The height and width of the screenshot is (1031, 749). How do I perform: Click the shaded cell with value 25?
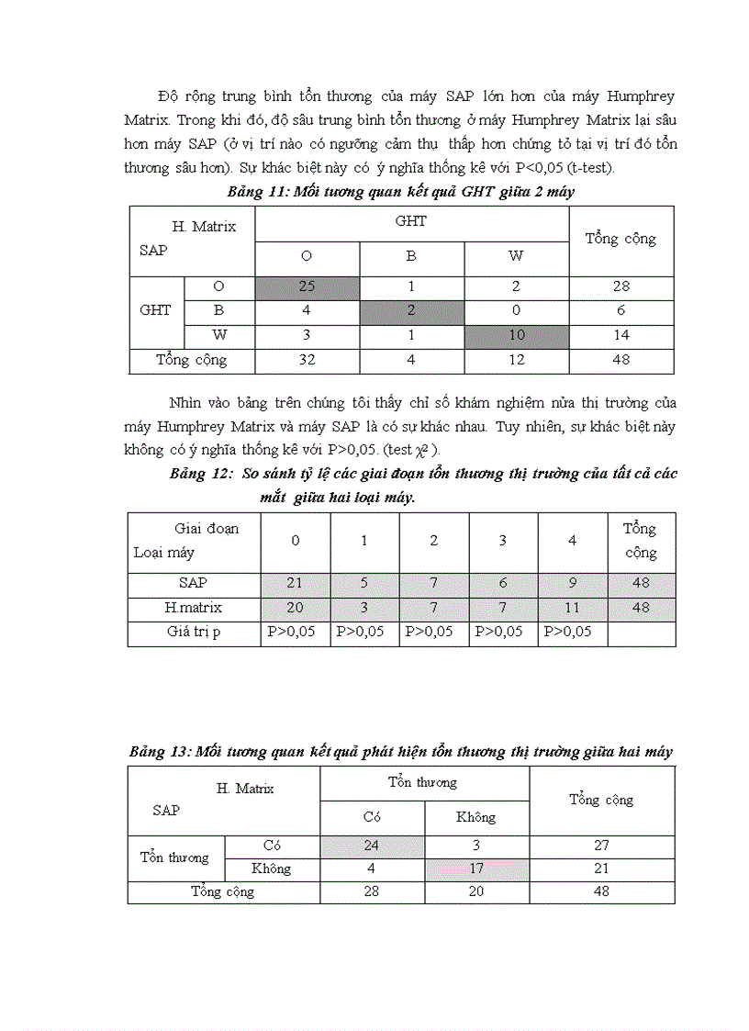click(x=307, y=286)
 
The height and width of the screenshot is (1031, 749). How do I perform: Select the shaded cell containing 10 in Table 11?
click(x=517, y=335)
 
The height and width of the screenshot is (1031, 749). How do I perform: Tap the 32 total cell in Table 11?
click(x=307, y=360)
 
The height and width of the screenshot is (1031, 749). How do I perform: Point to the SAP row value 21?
click(x=296, y=582)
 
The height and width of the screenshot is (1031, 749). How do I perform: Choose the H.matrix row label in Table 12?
click(x=193, y=607)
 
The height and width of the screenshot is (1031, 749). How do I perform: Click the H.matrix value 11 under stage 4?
click(x=572, y=607)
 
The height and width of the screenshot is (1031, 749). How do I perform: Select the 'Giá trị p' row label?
click(x=193, y=632)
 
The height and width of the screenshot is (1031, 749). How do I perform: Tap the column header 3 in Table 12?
click(x=503, y=541)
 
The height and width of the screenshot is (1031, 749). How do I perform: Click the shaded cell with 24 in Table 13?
click(x=371, y=845)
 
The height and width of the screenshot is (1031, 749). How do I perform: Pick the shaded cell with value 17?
click(x=475, y=868)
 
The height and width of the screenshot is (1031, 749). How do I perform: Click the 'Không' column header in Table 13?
click(x=475, y=816)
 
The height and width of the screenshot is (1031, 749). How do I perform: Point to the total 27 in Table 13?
click(x=601, y=845)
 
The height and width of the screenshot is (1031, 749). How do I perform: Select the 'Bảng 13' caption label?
click(x=159, y=751)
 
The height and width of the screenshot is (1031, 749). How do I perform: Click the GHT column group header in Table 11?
click(x=410, y=221)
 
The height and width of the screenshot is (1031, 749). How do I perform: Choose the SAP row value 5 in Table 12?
click(x=364, y=582)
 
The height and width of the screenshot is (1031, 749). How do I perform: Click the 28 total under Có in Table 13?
click(x=371, y=891)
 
